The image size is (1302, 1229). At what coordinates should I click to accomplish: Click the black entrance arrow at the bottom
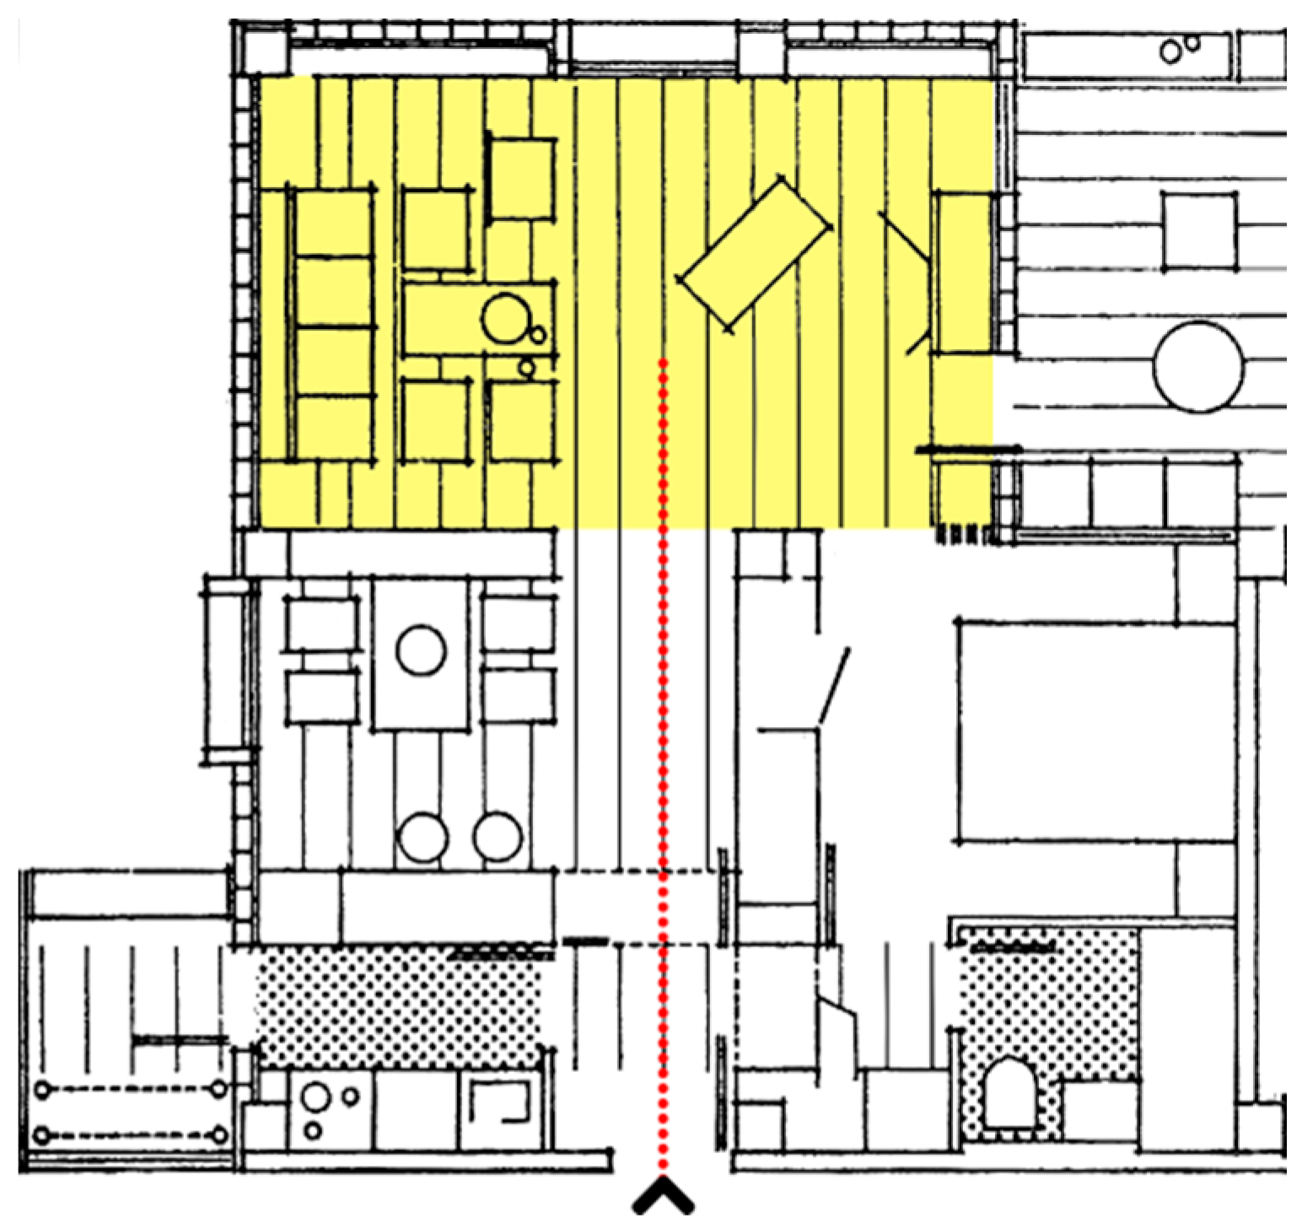point(664,1196)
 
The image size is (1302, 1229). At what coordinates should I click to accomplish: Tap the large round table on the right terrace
point(1198,368)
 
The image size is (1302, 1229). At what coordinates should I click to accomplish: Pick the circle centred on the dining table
point(421,652)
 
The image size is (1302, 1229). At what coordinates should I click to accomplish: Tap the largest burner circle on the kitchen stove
point(317,1097)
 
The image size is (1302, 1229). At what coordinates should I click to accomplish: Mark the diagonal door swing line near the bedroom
point(834,686)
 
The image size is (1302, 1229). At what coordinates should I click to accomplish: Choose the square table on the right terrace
point(1198,230)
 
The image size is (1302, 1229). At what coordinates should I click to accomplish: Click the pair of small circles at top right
point(1179,49)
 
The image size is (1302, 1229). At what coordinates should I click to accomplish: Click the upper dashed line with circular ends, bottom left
point(130,1090)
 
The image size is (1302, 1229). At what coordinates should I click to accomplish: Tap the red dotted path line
point(664,759)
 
